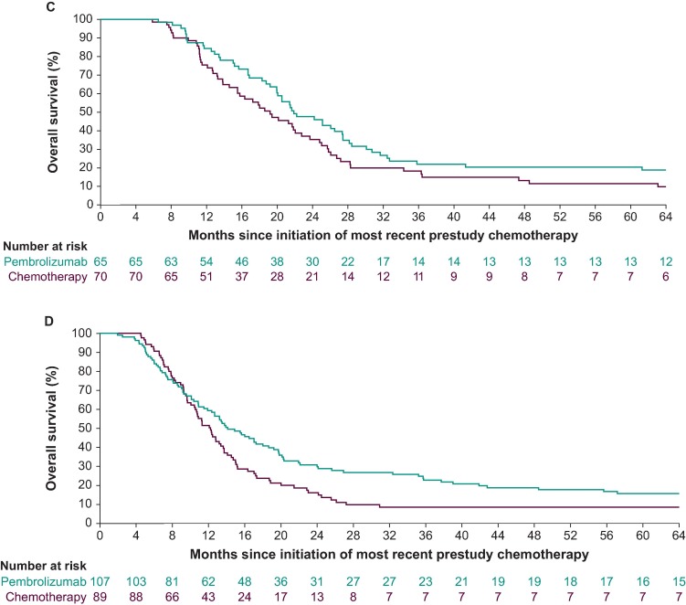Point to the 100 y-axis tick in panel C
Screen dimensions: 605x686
click(83, 19)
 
